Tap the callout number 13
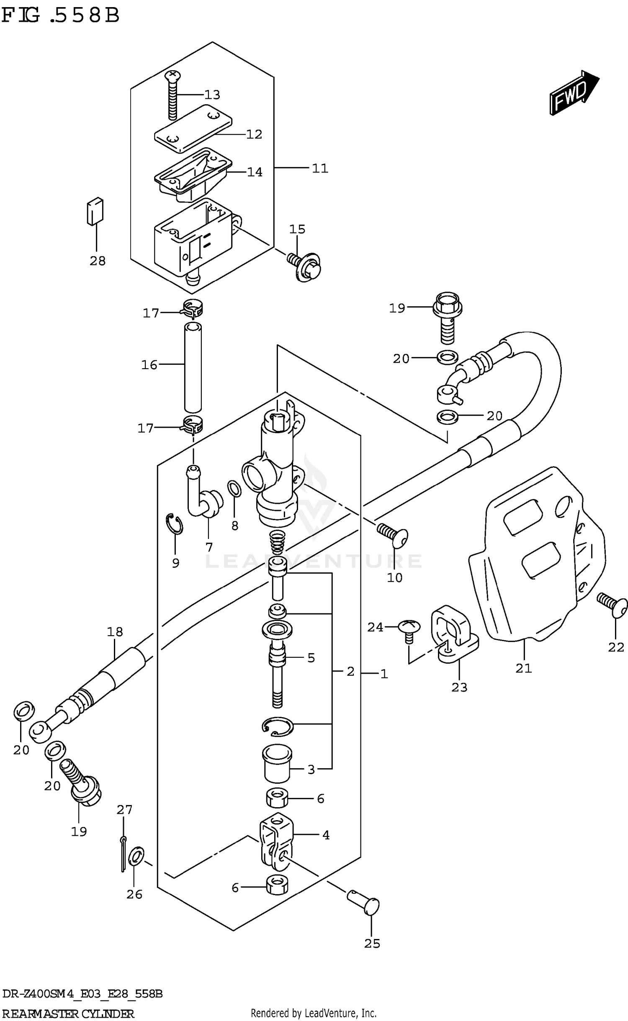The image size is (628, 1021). [212, 95]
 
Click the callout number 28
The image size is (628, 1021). [98, 261]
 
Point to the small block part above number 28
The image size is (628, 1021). [95, 211]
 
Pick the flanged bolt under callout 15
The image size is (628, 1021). [306, 266]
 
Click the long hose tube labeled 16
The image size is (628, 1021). [193, 367]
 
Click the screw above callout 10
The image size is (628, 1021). [393, 536]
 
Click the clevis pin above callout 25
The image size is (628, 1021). [364, 903]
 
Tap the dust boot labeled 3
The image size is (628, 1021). [277, 762]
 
